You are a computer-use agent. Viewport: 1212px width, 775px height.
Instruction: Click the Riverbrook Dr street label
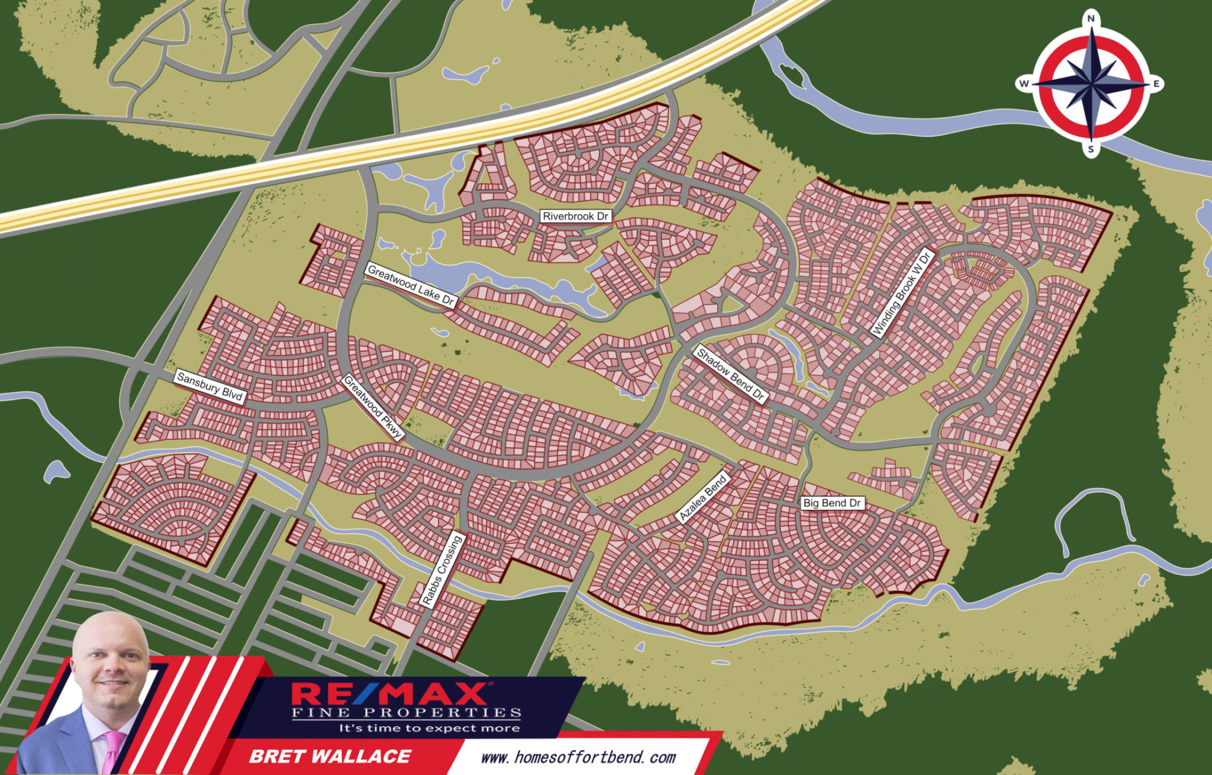pyautogui.click(x=575, y=216)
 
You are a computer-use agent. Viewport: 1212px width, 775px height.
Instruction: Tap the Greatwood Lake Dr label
pyautogui.click(x=411, y=285)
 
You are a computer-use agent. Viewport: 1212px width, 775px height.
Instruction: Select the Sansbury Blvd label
pyautogui.click(x=210, y=386)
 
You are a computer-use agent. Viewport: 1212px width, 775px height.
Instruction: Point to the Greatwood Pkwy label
pyautogui.click(x=373, y=407)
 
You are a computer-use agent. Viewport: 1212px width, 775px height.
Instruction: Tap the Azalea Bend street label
pyautogui.click(x=703, y=499)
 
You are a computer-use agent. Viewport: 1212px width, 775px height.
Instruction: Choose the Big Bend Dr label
pyautogui.click(x=831, y=503)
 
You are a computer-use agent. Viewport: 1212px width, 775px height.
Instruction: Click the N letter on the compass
pyautogui.click(x=1091, y=19)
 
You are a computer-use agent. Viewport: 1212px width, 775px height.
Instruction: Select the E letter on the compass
pyautogui.click(x=1156, y=84)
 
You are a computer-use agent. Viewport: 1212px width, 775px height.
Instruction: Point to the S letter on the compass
pyautogui.click(x=1091, y=150)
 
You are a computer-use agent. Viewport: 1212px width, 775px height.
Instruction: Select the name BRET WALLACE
pyautogui.click(x=330, y=756)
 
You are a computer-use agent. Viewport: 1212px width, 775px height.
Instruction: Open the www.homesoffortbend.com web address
pyautogui.click(x=578, y=757)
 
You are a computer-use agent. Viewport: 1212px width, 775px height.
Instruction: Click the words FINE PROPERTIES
pyautogui.click(x=407, y=713)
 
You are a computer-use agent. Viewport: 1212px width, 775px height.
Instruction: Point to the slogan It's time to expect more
pyautogui.click(x=429, y=728)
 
